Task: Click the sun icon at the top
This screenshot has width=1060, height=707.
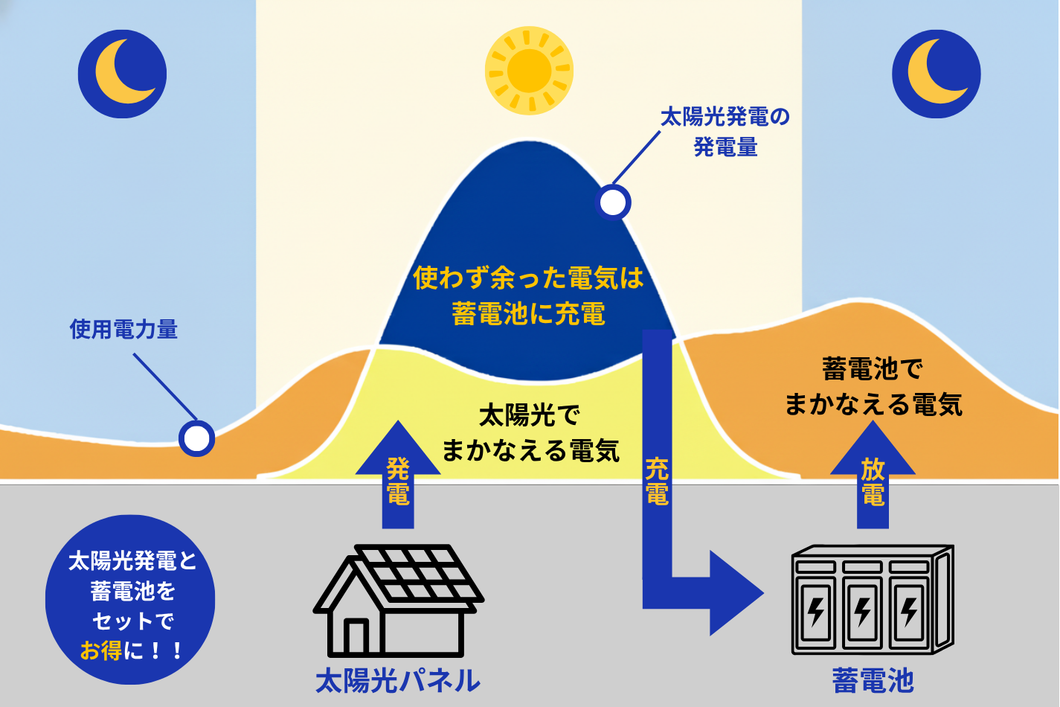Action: point(529,71)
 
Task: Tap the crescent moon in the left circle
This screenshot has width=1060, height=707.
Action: point(119,73)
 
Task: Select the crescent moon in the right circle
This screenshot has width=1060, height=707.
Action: point(932,73)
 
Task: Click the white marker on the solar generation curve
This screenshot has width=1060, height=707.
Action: point(614,202)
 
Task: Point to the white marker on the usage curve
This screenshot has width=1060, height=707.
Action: point(197,438)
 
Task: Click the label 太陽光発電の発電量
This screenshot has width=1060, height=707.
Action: point(725,132)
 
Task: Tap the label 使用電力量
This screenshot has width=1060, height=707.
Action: point(123,329)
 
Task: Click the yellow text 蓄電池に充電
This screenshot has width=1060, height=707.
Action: point(529,314)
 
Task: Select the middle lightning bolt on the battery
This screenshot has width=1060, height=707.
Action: point(863,611)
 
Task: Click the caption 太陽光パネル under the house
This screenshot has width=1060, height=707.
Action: point(398,680)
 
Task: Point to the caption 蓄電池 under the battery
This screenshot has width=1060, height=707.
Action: point(873,680)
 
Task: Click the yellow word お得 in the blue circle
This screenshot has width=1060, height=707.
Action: point(101,650)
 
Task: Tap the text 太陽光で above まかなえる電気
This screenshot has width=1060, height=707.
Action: point(529,415)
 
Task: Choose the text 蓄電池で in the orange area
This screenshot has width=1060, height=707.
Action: point(873,368)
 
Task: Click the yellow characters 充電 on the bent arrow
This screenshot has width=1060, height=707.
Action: point(657,482)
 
